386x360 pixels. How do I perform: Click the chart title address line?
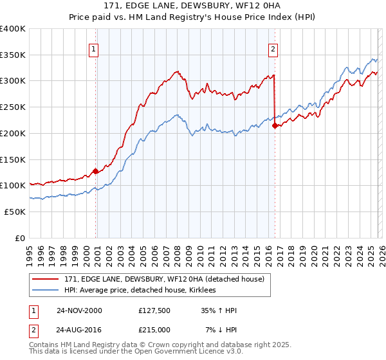(192, 6)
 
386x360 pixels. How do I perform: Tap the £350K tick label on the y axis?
(13, 55)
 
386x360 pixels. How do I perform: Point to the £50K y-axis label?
(15, 212)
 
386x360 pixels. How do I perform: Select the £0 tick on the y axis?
(21, 238)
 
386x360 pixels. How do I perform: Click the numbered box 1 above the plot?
(94, 49)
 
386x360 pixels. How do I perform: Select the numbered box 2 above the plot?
(273, 49)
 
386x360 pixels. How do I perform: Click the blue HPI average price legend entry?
(142, 291)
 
